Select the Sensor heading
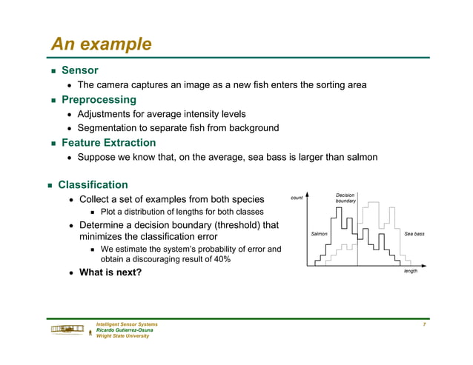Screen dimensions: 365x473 click(79, 70)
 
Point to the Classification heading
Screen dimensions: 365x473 click(93, 184)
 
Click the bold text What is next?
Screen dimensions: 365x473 click(110, 272)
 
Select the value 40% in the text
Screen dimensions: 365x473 click(220, 259)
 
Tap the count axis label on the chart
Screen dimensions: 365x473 click(297, 198)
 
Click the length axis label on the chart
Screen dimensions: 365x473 click(410, 271)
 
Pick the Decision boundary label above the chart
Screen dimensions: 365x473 click(345, 198)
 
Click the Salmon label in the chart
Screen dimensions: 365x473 click(319, 234)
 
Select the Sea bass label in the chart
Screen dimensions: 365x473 click(414, 234)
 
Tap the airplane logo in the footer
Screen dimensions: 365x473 click(67, 329)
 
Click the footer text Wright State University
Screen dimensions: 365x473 click(123, 335)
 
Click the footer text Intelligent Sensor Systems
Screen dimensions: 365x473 click(127, 324)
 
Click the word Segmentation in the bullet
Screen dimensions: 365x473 click(110, 128)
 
